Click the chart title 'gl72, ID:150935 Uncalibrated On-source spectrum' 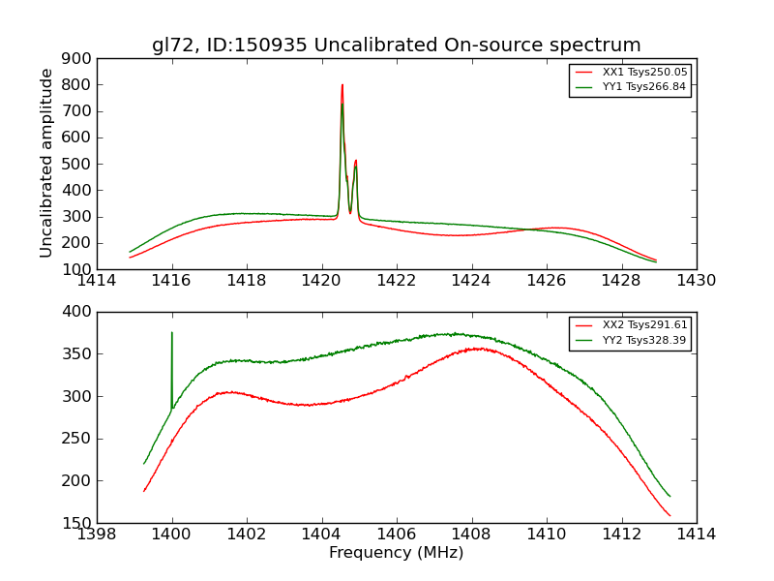click(x=396, y=46)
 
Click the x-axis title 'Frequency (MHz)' click(x=396, y=553)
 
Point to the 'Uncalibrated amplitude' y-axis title click(x=46, y=163)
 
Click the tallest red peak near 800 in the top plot click(x=342, y=85)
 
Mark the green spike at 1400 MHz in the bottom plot click(x=172, y=334)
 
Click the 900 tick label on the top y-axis click(x=78, y=58)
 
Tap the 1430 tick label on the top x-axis click(x=696, y=281)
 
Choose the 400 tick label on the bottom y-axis click(x=78, y=312)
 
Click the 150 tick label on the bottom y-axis click(x=78, y=523)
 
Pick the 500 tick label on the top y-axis click(x=78, y=164)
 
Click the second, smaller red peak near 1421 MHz click(x=355, y=161)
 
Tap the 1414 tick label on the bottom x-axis click(x=696, y=534)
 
